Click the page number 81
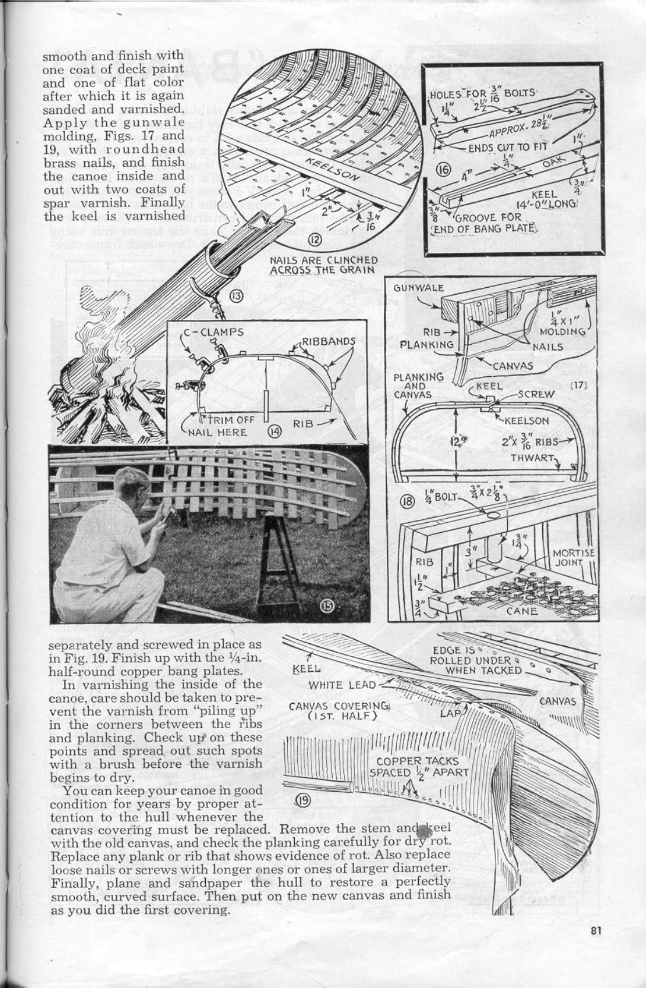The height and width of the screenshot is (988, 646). pyautogui.click(x=596, y=931)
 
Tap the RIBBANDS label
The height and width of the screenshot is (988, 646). pyautogui.click(x=329, y=341)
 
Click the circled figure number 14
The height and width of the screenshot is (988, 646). pyautogui.click(x=274, y=431)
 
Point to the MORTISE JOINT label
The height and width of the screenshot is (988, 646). pyautogui.click(x=573, y=557)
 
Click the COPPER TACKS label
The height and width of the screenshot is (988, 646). pyautogui.click(x=417, y=761)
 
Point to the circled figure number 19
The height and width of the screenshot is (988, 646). pyautogui.click(x=303, y=800)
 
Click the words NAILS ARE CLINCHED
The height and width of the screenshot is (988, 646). pyautogui.click(x=323, y=260)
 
